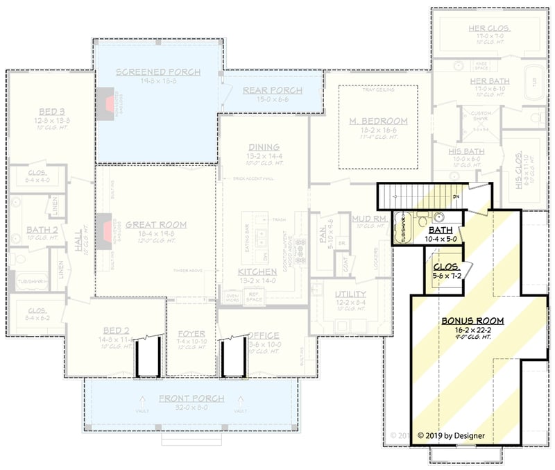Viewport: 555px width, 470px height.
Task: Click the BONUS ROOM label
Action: click(x=472, y=321)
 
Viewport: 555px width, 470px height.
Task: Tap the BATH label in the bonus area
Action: click(x=441, y=230)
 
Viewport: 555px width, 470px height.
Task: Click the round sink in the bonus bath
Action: click(x=441, y=216)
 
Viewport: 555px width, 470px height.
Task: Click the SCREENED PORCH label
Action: click(x=158, y=72)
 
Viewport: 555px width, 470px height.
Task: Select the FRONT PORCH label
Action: click(x=190, y=398)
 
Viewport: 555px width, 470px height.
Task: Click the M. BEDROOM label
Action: click(x=378, y=121)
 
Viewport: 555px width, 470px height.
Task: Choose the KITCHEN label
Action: click(x=257, y=271)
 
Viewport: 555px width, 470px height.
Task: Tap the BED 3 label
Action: click(x=42, y=111)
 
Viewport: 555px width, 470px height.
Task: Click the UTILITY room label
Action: click(x=350, y=294)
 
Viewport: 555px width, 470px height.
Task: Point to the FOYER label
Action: click(x=191, y=333)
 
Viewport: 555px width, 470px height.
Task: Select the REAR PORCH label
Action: click(x=272, y=90)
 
